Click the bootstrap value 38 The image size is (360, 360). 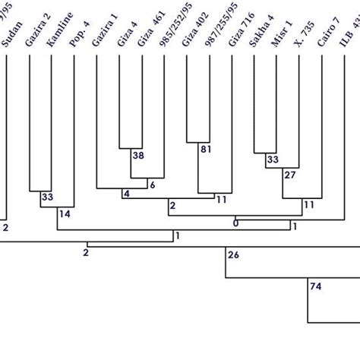coord(137,155)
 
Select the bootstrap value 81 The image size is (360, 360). coord(205,150)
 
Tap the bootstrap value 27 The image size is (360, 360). coord(289,175)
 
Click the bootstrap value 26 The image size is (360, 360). coord(233,254)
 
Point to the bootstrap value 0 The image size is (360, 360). coord(235,223)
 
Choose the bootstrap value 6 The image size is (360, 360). coord(152,185)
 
